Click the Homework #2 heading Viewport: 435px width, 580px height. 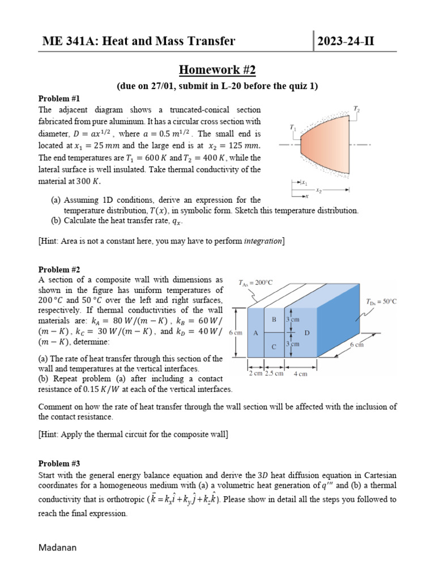[x=217, y=70]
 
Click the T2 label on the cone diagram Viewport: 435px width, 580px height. [x=356, y=108]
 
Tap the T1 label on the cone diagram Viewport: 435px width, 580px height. [x=292, y=129]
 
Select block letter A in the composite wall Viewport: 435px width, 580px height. [x=255, y=334]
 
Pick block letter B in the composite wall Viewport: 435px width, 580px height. [x=274, y=319]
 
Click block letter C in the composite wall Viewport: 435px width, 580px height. [x=274, y=347]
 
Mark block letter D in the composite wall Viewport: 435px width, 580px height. [x=306, y=333]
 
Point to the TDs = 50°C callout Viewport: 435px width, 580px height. [x=381, y=301]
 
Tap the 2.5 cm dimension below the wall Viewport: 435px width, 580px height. [x=274, y=374]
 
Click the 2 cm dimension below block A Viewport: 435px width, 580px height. [x=255, y=374]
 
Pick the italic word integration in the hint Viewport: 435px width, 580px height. [x=262, y=241]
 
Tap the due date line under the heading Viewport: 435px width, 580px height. [x=217, y=86]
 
